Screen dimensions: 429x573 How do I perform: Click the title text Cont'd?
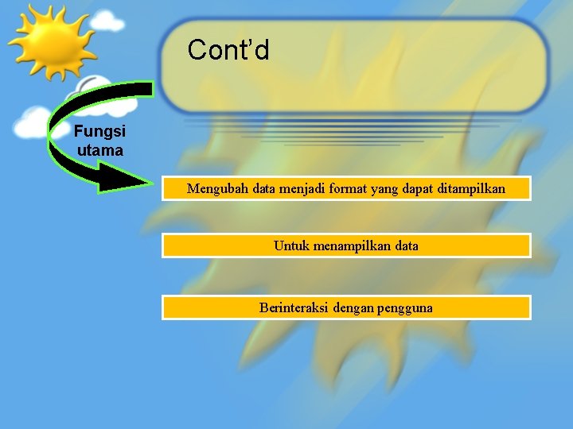click(228, 51)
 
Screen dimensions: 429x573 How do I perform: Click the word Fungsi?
click(99, 132)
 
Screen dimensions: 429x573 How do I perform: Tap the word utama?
click(99, 149)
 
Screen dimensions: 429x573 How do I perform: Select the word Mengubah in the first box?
click(217, 189)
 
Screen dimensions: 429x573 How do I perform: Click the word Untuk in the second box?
click(290, 246)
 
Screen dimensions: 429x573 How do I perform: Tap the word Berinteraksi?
click(294, 308)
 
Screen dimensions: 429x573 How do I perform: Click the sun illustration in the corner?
click(49, 41)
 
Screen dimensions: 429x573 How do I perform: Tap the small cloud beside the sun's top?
click(107, 21)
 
